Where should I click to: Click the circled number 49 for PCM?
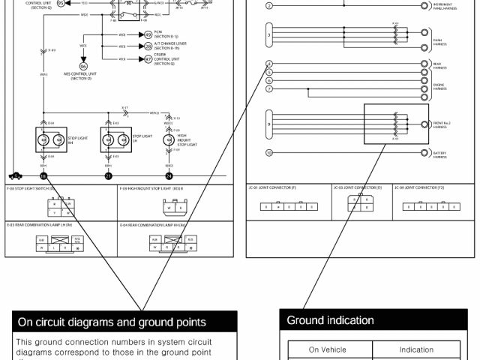coord(148,34)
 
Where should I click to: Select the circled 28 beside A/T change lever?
coord(148,46)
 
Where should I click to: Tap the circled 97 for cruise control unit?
coord(148,58)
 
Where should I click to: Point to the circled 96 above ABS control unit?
coord(83,66)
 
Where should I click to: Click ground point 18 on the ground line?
coord(43,176)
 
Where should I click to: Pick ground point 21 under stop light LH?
coord(108,176)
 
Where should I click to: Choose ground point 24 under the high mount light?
coord(169,176)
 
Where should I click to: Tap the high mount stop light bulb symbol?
coord(169,139)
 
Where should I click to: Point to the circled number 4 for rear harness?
coord(269,64)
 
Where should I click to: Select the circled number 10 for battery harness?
coord(269,154)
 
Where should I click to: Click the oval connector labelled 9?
coord(269,123)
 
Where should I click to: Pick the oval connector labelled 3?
coord(269,35)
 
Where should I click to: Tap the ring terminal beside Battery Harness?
coord(426,154)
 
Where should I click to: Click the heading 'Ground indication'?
coord(330,320)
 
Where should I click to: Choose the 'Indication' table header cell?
coord(416,349)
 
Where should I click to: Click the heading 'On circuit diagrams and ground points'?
coord(112,322)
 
